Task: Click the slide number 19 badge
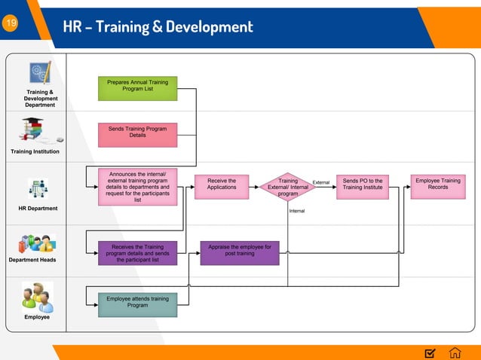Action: pyautogui.click(x=11, y=24)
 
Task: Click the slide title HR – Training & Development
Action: pyautogui.click(x=159, y=27)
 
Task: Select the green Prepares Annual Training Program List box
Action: pyautogui.click(x=137, y=88)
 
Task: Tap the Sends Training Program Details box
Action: pyautogui.click(x=137, y=134)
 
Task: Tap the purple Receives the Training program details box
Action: pyautogui.click(x=137, y=253)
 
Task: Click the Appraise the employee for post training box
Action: pyautogui.click(x=240, y=253)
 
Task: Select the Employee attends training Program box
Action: pyautogui.click(x=137, y=304)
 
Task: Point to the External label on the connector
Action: pyautogui.click(x=321, y=182)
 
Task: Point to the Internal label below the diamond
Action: pyautogui.click(x=297, y=211)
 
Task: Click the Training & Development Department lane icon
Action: pyautogui.click(x=39, y=72)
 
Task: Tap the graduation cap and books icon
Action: pyautogui.click(x=35, y=130)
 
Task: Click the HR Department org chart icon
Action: pyautogui.click(x=38, y=188)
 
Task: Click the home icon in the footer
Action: pyautogui.click(x=455, y=352)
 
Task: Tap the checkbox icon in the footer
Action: pyautogui.click(x=430, y=352)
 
